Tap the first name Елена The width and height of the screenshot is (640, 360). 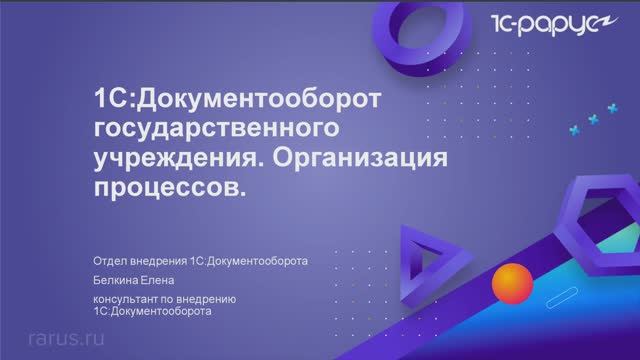click(163, 281)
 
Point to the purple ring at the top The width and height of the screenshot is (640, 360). click(421, 30)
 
